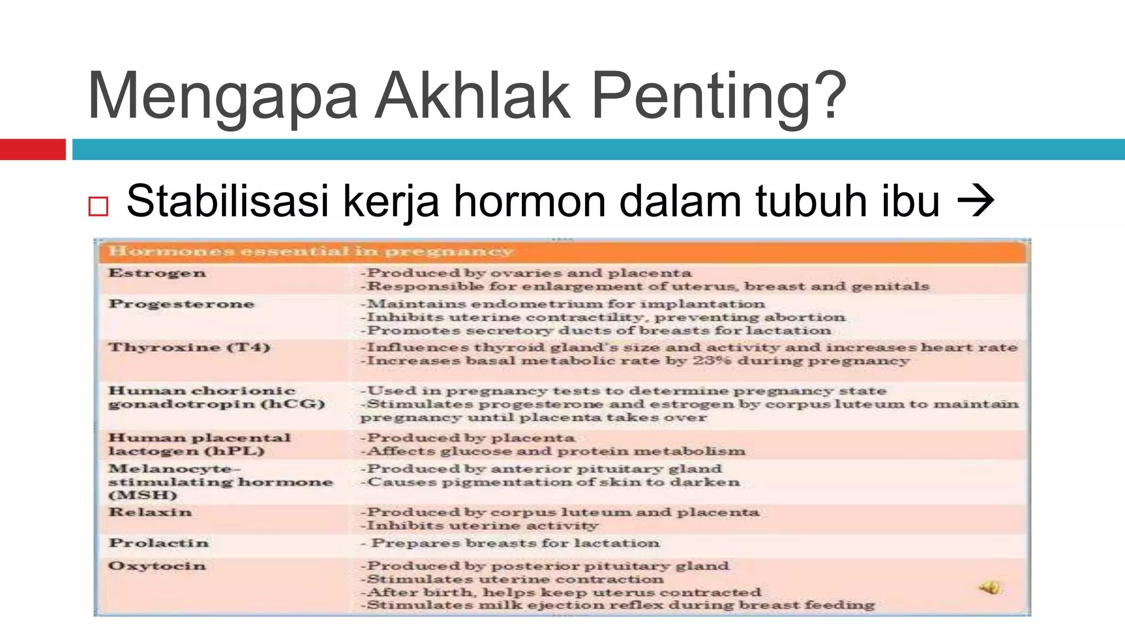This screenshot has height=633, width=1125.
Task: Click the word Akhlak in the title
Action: pos(472,96)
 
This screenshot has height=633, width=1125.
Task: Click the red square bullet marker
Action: pos(98,207)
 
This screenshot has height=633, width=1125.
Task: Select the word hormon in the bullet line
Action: pos(529,201)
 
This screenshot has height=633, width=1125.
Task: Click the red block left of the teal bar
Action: pos(32,149)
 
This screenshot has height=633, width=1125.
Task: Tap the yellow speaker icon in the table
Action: pos(989,588)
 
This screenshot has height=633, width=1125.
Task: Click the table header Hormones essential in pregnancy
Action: pos(311,252)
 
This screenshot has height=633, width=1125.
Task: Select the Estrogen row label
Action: pos(157,273)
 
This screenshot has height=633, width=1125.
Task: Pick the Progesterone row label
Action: pos(181,304)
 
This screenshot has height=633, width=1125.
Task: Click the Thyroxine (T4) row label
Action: pos(189,347)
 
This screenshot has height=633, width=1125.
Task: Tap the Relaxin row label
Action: pos(150,512)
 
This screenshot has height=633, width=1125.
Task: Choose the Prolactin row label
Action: pos(159,543)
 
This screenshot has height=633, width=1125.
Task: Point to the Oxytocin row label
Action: pos(157,566)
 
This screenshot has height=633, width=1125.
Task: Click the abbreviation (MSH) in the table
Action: pos(143,495)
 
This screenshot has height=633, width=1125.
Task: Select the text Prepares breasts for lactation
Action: pos(515,543)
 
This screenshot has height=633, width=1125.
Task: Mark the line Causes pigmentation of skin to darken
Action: pos(550,482)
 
